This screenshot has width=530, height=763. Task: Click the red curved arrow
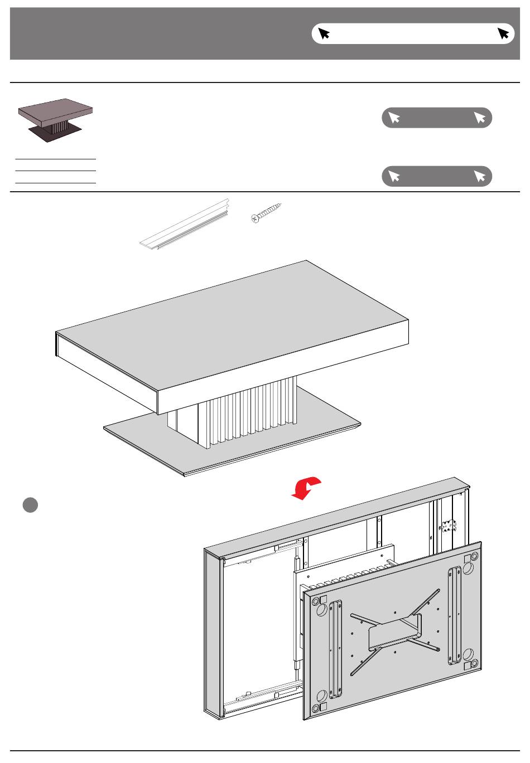click(x=306, y=487)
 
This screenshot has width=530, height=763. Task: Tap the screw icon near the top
click(x=266, y=213)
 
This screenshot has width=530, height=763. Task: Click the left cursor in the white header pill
click(x=324, y=33)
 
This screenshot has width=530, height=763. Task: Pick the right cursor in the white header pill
click(x=503, y=33)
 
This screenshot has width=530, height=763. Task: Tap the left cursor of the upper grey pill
click(x=394, y=118)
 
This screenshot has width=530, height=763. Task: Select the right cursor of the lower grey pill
click(x=479, y=176)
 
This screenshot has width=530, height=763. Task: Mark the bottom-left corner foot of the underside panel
click(x=316, y=707)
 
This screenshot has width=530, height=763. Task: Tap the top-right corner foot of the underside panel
click(x=473, y=557)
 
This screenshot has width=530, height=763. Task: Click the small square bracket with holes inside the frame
click(x=449, y=526)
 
